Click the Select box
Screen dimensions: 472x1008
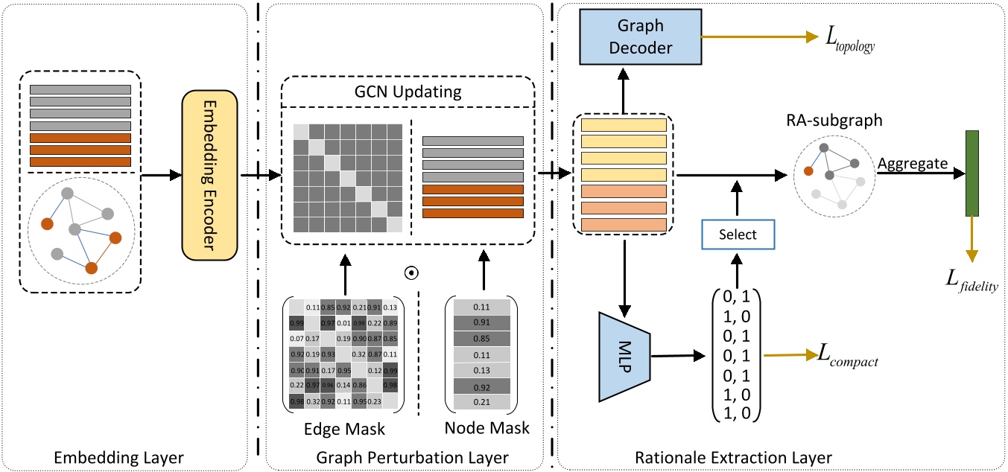[738, 235]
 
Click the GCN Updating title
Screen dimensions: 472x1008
[408, 95]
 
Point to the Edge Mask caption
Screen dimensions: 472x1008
[345, 428]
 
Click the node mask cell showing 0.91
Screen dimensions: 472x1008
[481, 323]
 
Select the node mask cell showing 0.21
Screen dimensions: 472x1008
[481, 402]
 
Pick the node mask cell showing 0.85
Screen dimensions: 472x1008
[481, 339]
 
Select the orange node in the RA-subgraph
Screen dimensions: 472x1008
[808, 170]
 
